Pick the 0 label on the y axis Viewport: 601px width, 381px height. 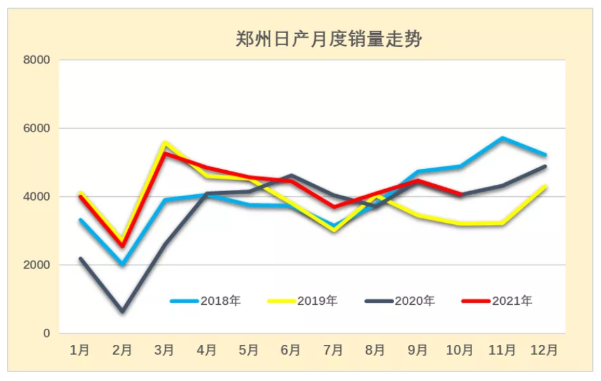pos(46,333)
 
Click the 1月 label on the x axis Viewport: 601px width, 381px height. pos(80,350)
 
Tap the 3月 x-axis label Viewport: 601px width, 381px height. pos(164,350)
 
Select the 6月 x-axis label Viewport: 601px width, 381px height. pos(291,350)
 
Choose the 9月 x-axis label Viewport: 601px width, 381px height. pos(418,350)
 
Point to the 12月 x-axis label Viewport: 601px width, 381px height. pos(544,350)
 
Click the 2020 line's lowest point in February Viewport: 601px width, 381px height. pos(122,311)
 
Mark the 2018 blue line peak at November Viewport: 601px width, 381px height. pos(502,138)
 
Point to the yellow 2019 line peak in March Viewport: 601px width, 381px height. pos(165,143)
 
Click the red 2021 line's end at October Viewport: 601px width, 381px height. pos(460,194)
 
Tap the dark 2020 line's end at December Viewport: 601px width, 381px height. pos(545,166)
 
